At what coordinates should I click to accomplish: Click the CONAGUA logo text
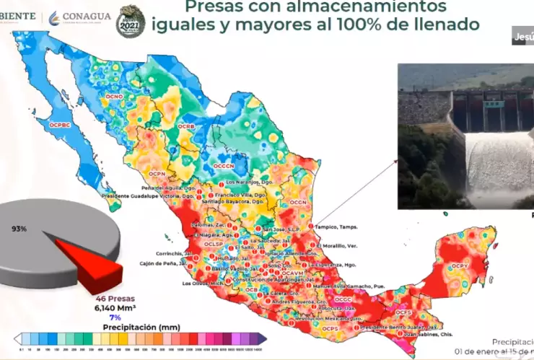[x=87, y=17]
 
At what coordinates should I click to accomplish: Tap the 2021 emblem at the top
[x=131, y=20]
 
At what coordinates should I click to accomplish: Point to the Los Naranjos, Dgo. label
[x=249, y=183]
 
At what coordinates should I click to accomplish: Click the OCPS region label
[x=330, y=329]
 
